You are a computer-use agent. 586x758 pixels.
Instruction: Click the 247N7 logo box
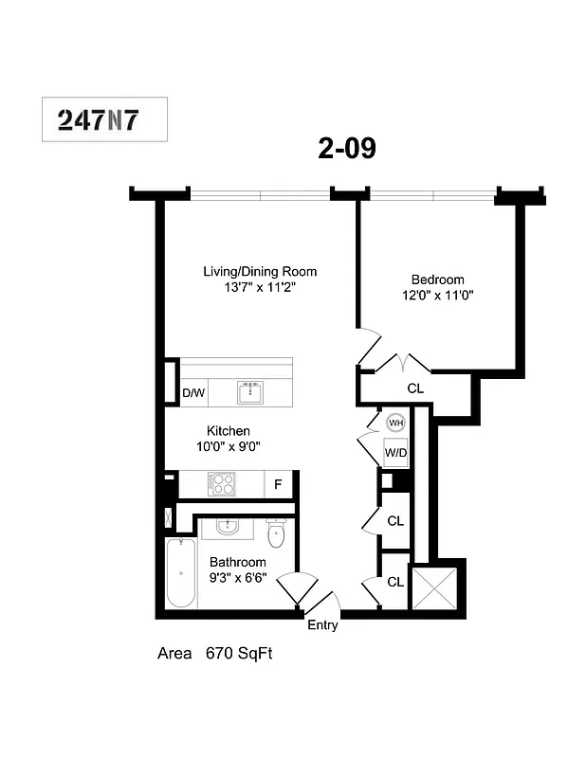105,119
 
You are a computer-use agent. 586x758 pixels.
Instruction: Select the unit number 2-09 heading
347,149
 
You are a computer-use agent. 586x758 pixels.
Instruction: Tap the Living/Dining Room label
260,272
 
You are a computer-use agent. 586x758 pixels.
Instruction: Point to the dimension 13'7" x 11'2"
260,287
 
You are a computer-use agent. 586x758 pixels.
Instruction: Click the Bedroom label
437,280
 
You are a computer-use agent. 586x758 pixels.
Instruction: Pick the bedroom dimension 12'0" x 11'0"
437,295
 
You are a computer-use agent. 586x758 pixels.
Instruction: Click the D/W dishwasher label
193,392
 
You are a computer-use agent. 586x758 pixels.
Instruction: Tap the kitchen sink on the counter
252,391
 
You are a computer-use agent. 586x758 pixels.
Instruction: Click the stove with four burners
222,483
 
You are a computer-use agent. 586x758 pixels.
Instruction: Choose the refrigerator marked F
278,484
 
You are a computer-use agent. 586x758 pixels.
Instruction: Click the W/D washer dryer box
395,453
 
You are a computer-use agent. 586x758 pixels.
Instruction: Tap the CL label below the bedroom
415,388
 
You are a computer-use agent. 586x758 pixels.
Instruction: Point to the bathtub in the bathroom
179,575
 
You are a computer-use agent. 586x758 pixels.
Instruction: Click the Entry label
322,625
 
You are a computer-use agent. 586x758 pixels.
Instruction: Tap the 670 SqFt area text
240,654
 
